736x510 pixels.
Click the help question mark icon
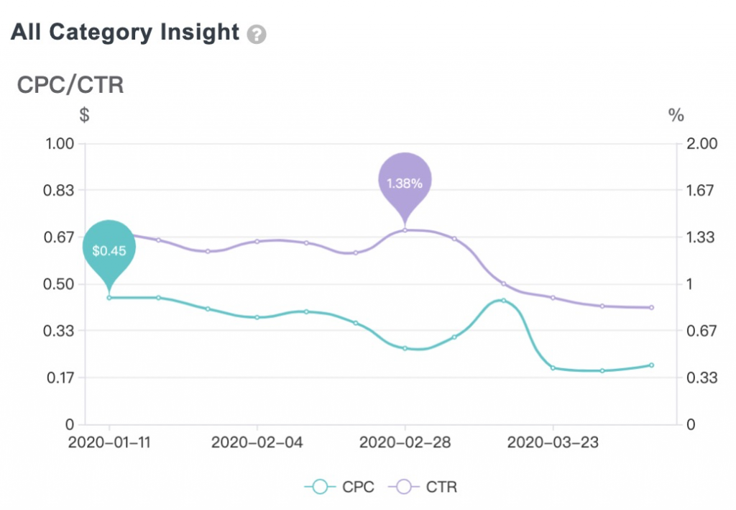(257, 35)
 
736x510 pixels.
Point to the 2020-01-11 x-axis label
(109, 442)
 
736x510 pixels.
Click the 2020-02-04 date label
(257, 442)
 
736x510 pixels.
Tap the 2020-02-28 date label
(405, 442)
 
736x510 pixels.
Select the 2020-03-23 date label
(553, 442)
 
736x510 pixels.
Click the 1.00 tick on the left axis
(60, 143)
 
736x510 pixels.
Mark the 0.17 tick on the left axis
(60, 378)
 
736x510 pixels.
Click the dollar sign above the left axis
(85, 115)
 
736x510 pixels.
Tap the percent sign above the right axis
(676, 115)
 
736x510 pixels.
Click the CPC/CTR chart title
(70, 85)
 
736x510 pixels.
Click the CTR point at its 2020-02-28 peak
(405, 230)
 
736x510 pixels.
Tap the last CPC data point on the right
(651, 365)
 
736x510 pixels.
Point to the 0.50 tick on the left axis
(60, 283)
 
